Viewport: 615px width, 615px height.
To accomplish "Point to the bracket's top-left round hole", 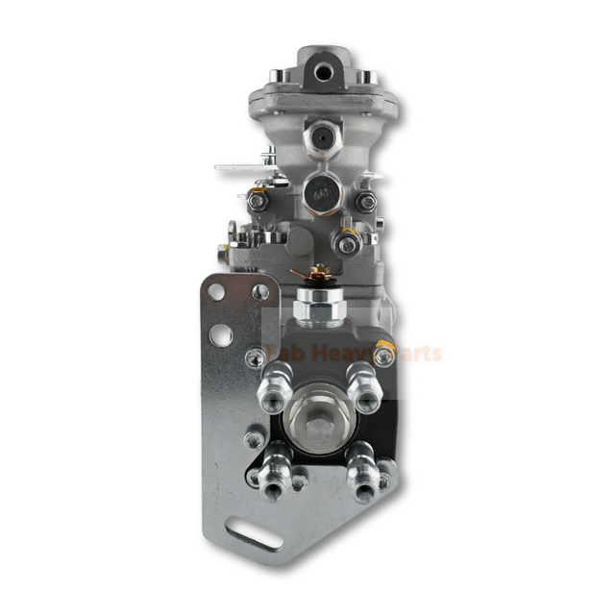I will click(x=216, y=291).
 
